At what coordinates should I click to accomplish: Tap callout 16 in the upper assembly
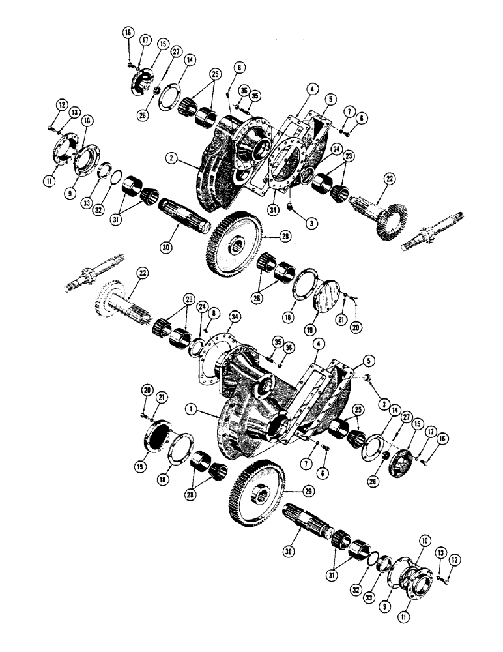click(x=127, y=33)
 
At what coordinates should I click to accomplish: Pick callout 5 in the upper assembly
click(x=332, y=99)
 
